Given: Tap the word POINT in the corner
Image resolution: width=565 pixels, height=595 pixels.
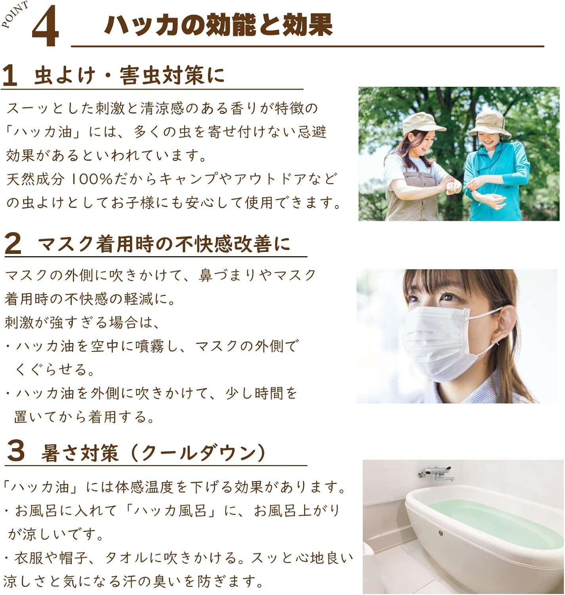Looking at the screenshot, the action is [15, 14].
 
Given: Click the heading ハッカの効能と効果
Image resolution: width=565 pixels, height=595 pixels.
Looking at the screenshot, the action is [218, 25].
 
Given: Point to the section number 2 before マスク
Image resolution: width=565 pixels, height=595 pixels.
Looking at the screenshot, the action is [13, 244].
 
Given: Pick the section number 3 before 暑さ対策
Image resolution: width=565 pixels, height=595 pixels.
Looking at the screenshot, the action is [15, 451].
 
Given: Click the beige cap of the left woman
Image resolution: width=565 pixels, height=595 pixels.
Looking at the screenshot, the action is [422, 122].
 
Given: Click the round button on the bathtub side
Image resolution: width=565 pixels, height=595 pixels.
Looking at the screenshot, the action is [441, 533].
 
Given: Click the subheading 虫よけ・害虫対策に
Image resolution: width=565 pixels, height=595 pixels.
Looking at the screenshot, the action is [130, 76].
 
